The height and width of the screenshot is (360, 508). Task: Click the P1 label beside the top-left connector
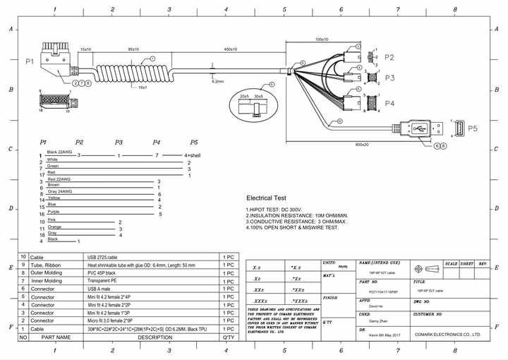[29, 61]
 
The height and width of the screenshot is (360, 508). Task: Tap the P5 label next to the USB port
[472, 128]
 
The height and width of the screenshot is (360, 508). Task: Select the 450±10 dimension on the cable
[230, 49]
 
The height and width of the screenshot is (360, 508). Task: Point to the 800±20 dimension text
[362, 144]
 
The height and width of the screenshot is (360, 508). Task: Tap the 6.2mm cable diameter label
[218, 81]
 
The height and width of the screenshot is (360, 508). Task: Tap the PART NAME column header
[56, 337]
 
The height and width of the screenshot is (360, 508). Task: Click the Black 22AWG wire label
[59, 152]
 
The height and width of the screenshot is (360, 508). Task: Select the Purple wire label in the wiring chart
[54, 212]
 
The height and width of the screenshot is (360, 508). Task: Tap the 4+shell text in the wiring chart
[193, 155]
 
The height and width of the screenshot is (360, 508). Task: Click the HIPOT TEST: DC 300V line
[274, 210]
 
